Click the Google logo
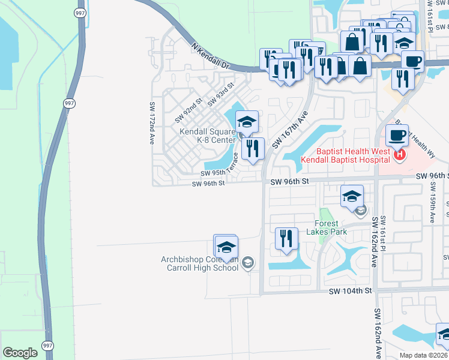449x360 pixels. tap(20, 353)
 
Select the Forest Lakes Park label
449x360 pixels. tap(327, 227)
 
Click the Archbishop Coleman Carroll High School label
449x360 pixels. tap(200, 263)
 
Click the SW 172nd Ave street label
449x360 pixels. tap(152, 123)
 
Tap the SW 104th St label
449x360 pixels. tap(351, 290)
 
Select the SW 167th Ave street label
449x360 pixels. tap(289, 129)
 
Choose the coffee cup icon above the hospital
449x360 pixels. tap(397, 136)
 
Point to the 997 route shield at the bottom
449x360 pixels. tap(47, 346)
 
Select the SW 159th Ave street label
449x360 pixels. tap(432, 204)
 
